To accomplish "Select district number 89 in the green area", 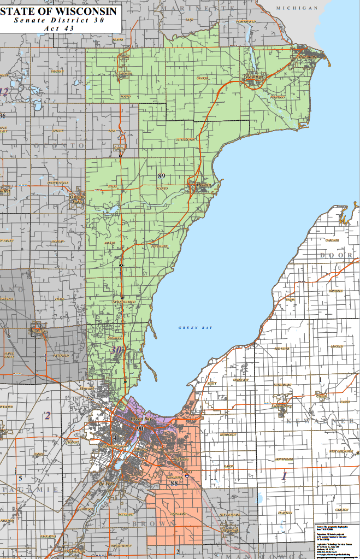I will [161, 175].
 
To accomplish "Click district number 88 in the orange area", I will [174, 483].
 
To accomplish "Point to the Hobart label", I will [73, 442].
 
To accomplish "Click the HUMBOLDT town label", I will [227, 435].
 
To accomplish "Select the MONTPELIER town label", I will [285, 458].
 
